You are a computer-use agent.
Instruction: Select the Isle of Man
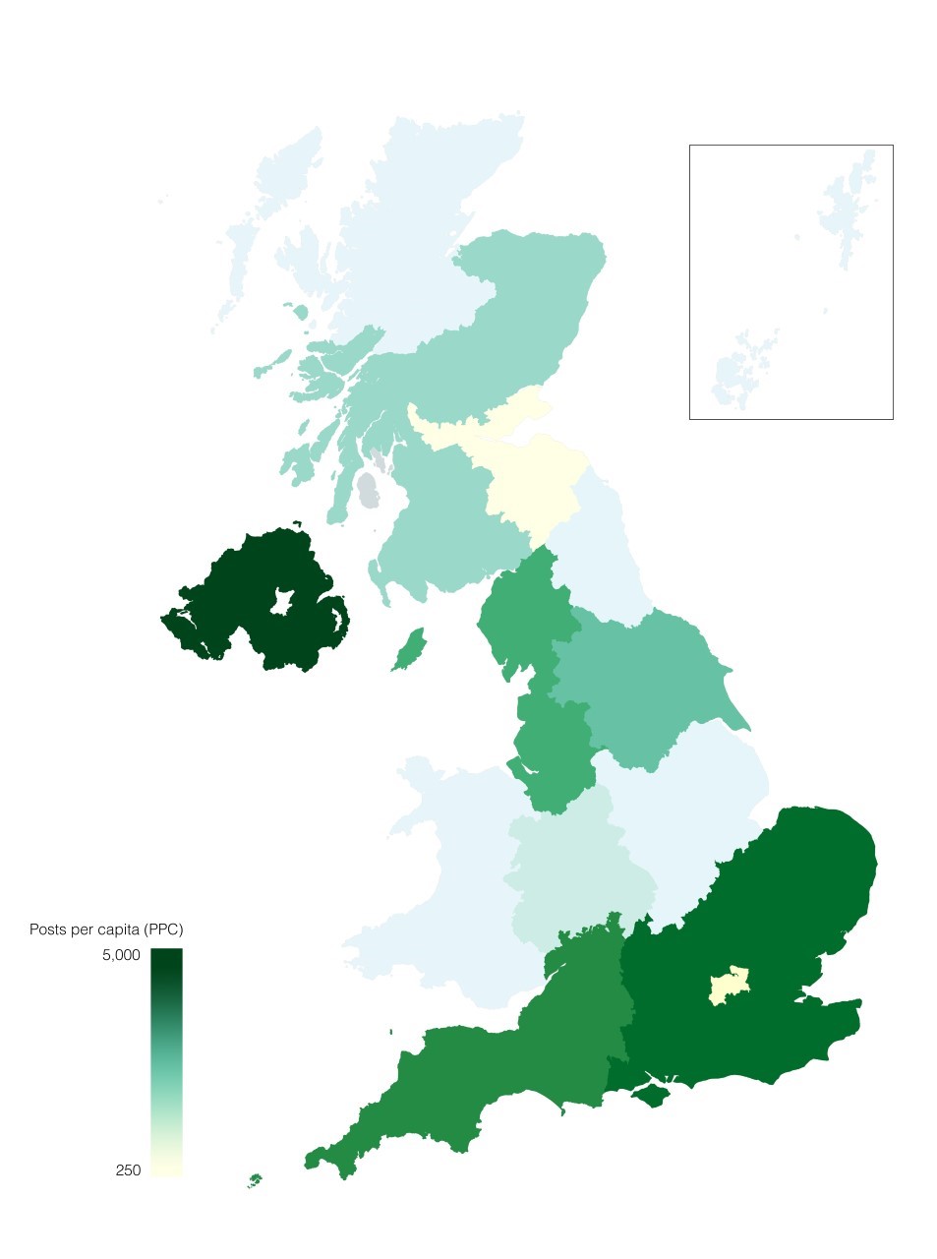pyautogui.click(x=409, y=651)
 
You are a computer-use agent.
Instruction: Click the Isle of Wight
pyautogui.click(x=649, y=1094)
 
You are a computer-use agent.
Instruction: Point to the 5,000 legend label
pyautogui.click(x=121, y=955)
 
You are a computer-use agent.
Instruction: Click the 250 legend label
pyautogui.click(x=128, y=1170)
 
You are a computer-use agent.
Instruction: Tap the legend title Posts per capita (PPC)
pyautogui.click(x=106, y=929)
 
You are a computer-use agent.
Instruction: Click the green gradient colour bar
pyautogui.click(x=166, y=1062)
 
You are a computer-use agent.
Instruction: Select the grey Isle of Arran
pyautogui.click(x=368, y=490)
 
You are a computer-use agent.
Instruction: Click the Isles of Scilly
pyautogui.click(x=256, y=1178)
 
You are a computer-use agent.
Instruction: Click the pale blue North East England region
pyautogui.click(x=600, y=551)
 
